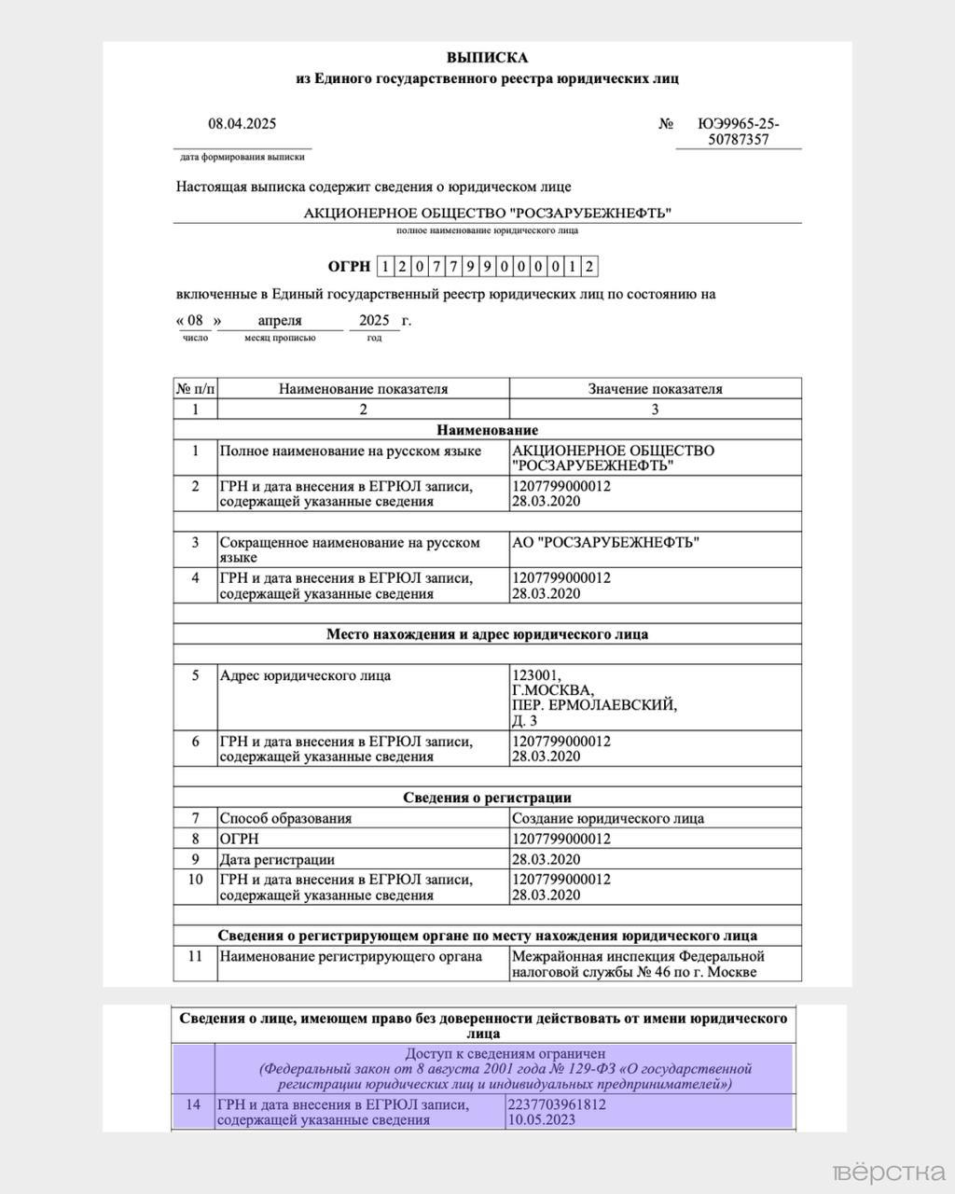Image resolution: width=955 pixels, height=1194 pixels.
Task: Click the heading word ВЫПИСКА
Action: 487,58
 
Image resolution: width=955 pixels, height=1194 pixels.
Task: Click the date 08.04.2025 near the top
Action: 242,123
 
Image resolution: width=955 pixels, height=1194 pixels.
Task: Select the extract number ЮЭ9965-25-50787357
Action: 738,132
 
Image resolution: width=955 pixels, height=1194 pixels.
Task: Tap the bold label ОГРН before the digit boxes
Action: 349,267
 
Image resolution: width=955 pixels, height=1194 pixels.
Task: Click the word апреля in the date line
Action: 280,320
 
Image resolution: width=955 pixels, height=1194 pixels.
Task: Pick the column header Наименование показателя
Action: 363,389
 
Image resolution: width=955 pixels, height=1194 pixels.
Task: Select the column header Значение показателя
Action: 655,389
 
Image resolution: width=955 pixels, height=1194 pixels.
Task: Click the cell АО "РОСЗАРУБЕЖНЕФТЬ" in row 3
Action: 605,542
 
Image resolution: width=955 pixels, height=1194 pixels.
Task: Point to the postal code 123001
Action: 537,675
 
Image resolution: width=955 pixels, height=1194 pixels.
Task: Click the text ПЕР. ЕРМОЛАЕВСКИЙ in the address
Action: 594,705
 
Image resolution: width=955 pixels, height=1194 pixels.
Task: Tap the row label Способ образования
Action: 285,818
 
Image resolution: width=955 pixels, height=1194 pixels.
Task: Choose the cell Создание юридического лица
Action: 607,818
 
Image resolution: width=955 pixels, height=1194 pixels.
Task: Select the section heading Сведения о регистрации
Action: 487,798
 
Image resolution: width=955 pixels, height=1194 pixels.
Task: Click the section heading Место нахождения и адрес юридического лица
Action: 487,634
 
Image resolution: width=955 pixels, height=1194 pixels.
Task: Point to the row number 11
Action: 195,956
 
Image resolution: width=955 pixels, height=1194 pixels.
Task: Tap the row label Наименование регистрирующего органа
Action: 351,956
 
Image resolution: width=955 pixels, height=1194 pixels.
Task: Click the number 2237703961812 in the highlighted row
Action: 557,1104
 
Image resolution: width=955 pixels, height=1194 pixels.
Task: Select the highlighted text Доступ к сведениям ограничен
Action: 505,1053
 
